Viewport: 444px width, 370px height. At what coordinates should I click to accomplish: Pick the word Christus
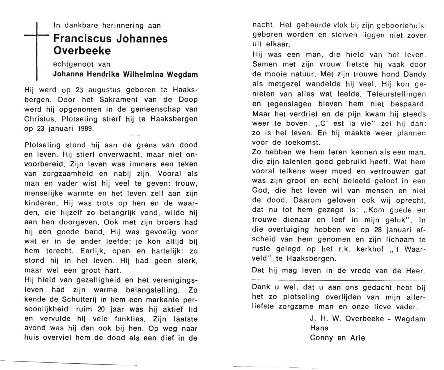point(40,119)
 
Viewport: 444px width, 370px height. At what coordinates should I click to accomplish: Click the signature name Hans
point(319,328)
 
